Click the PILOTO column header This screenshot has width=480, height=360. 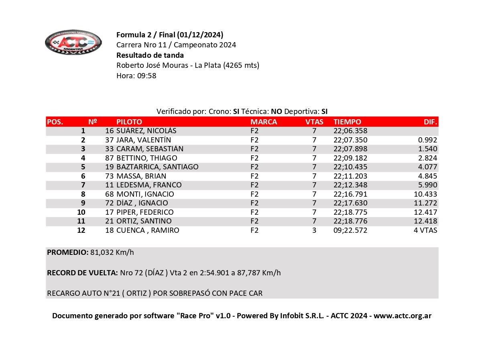pyautogui.click(x=129, y=122)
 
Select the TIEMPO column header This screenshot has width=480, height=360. pyautogui.click(x=347, y=122)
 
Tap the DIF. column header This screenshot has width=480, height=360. pyautogui.click(x=430, y=122)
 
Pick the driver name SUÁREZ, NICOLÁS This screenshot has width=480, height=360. pyautogui.click(x=146, y=131)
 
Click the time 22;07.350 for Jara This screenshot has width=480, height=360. pyautogui.click(x=350, y=140)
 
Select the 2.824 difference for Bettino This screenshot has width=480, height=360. pyautogui.click(x=427, y=158)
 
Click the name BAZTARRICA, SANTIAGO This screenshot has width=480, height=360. pyautogui.click(x=157, y=167)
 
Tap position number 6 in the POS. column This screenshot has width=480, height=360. pyautogui.click(x=83, y=176)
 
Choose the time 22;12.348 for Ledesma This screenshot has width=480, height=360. pyautogui.click(x=350, y=185)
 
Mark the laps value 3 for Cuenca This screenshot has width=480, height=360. pyautogui.click(x=314, y=230)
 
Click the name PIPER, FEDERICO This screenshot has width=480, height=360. pyautogui.click(x=145, y=212)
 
